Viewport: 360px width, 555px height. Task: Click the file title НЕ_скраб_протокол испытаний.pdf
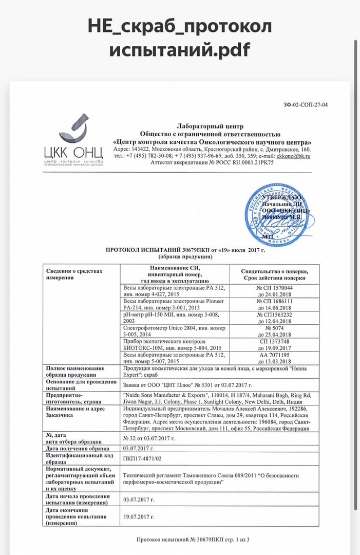[179, 38]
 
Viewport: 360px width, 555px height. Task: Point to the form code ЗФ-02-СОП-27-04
[305, 105]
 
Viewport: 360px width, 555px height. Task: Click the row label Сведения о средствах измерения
[75, 274]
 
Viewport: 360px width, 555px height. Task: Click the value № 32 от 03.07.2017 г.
[149, 438]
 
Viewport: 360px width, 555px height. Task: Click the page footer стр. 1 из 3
[236, 539]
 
